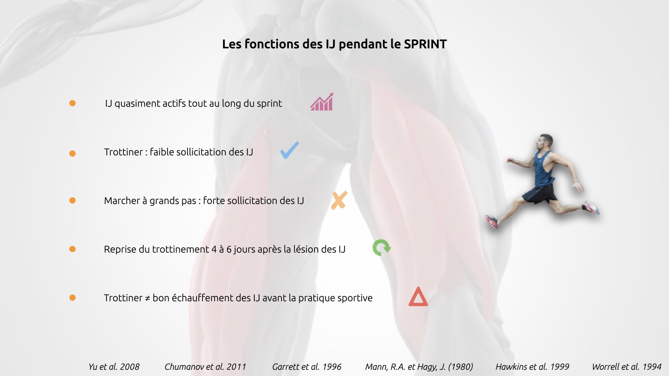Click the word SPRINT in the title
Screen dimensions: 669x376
(x=425, y=44)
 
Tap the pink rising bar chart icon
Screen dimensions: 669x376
(x=322, y=102)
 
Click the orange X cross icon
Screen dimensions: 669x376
(x=339, y=200)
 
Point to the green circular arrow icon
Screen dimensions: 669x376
(x=382, y=248)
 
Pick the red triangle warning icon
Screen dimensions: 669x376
(x=418, y=297)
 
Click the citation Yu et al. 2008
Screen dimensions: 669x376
(x=114, y=367)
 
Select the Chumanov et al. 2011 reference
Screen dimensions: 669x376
(x=205, y=367)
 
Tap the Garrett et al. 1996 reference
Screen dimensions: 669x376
(x=307, y=367)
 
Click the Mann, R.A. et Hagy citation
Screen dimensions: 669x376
(x=419, y=367)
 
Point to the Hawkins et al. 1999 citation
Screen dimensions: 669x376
(x=532, y=367)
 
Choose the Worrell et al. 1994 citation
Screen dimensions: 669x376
(x=626, y=367)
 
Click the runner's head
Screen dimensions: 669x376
(x=545, y=143)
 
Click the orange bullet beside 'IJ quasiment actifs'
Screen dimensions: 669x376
(x=72, y=103)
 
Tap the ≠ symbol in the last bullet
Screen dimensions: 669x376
(x=147, y=298)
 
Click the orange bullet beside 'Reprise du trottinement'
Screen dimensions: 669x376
(x=72, y=249)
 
